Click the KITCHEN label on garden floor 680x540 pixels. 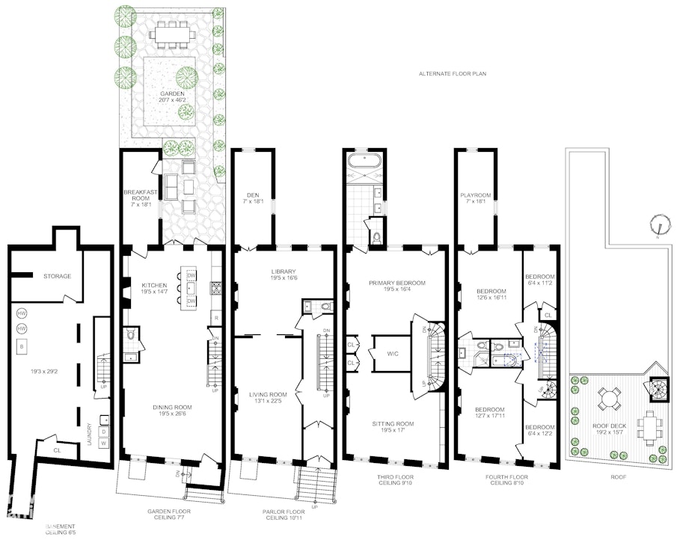pos(153,284)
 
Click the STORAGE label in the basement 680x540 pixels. pos(57,276)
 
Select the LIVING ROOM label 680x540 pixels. pos(268,395)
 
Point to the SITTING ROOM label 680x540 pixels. pos(393,424)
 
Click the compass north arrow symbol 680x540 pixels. pos(658,223)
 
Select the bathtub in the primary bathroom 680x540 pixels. pos(364,161)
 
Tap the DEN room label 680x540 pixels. pos(250,196)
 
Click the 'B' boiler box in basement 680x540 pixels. pos(22,346)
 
